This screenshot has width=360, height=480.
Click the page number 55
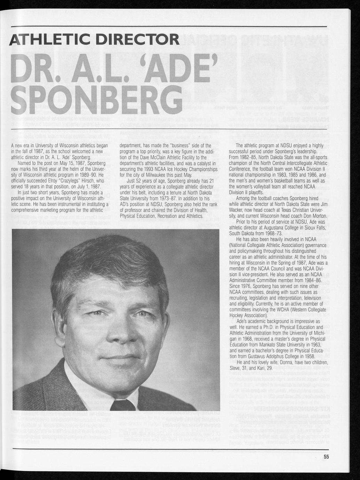coord(326,457)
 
